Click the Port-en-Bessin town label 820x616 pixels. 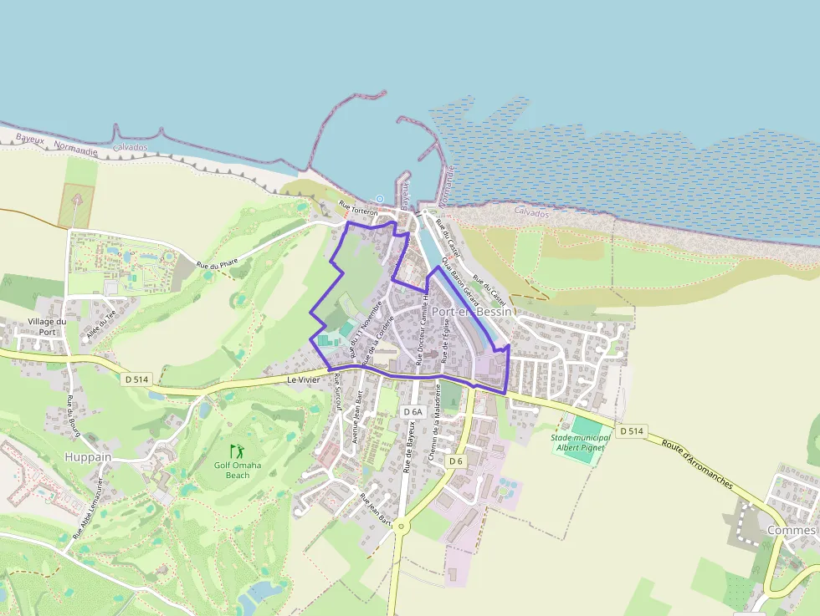[x=471, y=311]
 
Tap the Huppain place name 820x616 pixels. [x=88, y=456]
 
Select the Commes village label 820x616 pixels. [x=791, y=531]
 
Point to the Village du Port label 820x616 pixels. [x=47, y=326]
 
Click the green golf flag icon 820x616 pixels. [x=238, y=451]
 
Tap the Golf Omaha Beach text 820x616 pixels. [x=238, y=470]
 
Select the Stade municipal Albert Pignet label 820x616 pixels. [x=577, y=442]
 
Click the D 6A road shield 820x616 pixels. [x=413, y=412]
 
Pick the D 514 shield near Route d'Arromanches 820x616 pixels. [x=632, y=431]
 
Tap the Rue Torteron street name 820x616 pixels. [x=358, y=209]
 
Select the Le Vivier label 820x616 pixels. [x=303, y=379]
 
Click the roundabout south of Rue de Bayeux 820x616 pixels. [x=401, y=526]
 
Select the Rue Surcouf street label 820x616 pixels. [x=337, y=393]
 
